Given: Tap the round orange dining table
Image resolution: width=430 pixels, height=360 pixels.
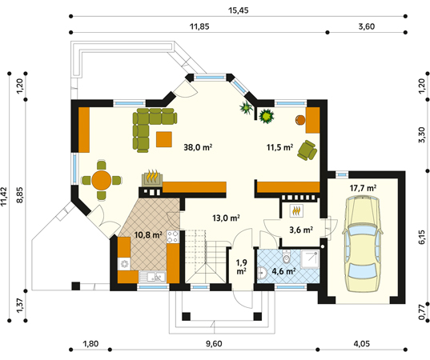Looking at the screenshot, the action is pos(102,180).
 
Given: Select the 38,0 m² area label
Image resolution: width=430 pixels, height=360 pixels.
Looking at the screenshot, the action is pos(198,147).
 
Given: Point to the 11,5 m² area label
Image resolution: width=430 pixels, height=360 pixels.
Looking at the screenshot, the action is pos(280,147).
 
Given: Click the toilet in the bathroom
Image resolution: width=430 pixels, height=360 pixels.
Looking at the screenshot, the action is pos(287,257).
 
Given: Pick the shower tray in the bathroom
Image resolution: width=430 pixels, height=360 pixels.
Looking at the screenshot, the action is pos(310,259).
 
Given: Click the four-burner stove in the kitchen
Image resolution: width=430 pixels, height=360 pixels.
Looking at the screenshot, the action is pos(173,237).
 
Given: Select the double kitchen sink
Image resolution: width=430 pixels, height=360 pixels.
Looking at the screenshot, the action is pos(152,277).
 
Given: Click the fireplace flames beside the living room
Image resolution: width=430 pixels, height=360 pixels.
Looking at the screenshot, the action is pos(152,176).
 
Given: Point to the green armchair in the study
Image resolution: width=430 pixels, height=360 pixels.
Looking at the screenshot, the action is pos(307,150).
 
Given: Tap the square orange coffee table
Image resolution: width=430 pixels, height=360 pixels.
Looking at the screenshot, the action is pos(164,139).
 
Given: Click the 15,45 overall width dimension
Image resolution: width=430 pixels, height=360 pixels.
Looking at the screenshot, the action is pos(239,10).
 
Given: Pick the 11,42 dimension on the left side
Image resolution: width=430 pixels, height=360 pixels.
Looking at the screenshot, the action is pos(3,197).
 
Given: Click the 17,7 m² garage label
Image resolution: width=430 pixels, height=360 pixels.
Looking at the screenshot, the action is pos(363,188).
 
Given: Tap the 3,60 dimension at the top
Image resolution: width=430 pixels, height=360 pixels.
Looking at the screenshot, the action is pos(367,26).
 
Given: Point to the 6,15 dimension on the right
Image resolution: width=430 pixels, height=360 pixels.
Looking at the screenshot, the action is pos(422,237).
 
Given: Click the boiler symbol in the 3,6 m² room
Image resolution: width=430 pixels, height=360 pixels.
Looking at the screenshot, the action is pos(296,211).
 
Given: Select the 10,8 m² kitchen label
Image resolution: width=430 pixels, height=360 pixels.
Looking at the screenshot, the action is pos(148,234).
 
